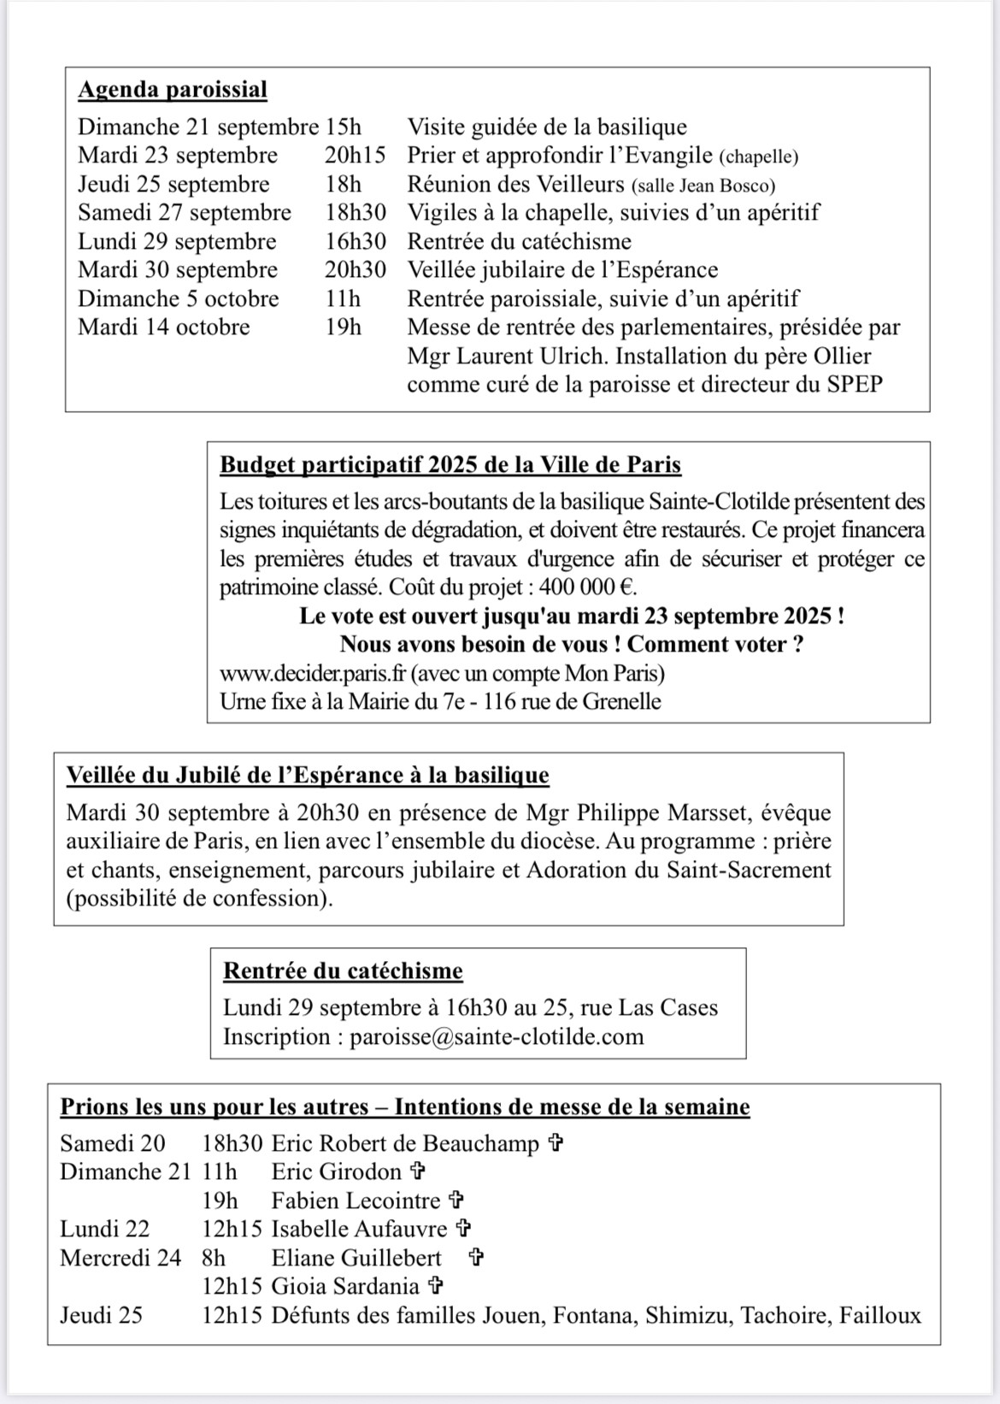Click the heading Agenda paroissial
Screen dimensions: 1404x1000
coord(173,90)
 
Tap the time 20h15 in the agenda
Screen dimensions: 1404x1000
coord(355,156)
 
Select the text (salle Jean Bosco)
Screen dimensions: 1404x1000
coord(703,185)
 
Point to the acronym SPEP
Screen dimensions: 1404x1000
coord(854,384)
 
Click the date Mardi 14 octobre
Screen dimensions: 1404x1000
coord(164,327)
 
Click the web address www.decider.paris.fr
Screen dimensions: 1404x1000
coord(314,673)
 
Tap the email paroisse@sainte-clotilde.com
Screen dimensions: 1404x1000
coord(497,1037)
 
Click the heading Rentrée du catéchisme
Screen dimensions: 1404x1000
coord(343,971)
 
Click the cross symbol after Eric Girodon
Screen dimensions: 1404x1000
coord(418,1171)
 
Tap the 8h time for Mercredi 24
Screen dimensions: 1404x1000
coord(214,1258)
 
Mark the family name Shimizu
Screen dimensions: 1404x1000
coord(686,1315)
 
